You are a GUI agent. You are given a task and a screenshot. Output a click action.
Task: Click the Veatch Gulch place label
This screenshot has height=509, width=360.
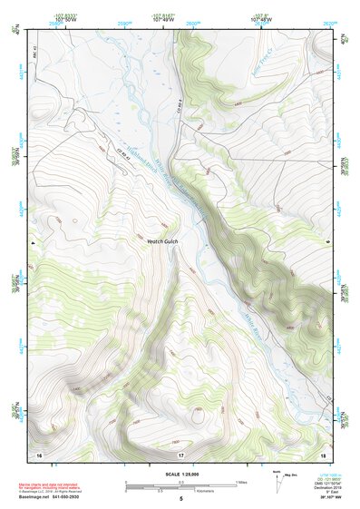166,242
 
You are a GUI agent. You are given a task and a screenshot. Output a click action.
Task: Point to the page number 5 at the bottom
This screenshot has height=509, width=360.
180,499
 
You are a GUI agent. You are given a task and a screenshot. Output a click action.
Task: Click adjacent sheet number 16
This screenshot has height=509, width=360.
39,452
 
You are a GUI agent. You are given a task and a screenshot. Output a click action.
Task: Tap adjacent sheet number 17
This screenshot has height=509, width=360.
180,452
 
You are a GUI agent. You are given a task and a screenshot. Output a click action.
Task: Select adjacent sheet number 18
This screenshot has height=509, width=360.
324,452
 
